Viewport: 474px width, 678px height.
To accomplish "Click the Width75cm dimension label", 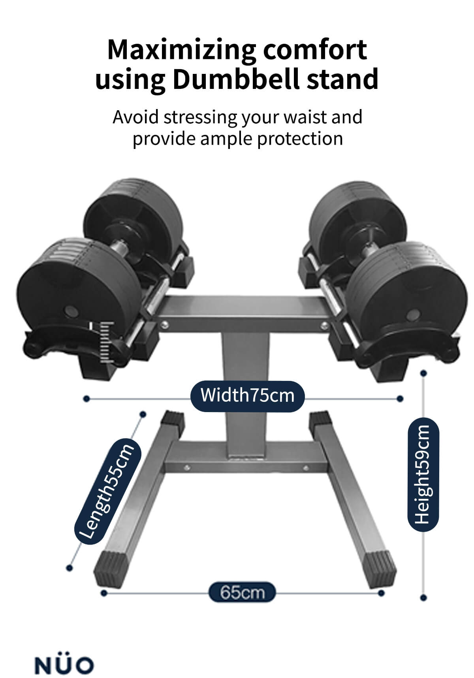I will pos(247,395).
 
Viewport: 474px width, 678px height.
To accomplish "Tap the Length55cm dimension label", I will pos(105,491).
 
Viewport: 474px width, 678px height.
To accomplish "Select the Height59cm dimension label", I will pos(423,474).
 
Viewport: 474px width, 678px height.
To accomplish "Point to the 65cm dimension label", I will pos(242,592).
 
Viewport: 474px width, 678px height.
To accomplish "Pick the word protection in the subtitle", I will pos(300,139).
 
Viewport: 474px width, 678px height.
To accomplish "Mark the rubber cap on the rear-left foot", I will pos(173,420).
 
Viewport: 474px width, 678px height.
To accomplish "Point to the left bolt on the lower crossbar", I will pos(187,467).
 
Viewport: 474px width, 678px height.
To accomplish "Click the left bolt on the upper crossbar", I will pos(163,325).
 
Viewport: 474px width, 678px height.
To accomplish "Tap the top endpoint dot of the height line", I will pos(423,373).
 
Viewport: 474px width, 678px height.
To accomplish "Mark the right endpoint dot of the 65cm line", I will pos(381,593).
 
